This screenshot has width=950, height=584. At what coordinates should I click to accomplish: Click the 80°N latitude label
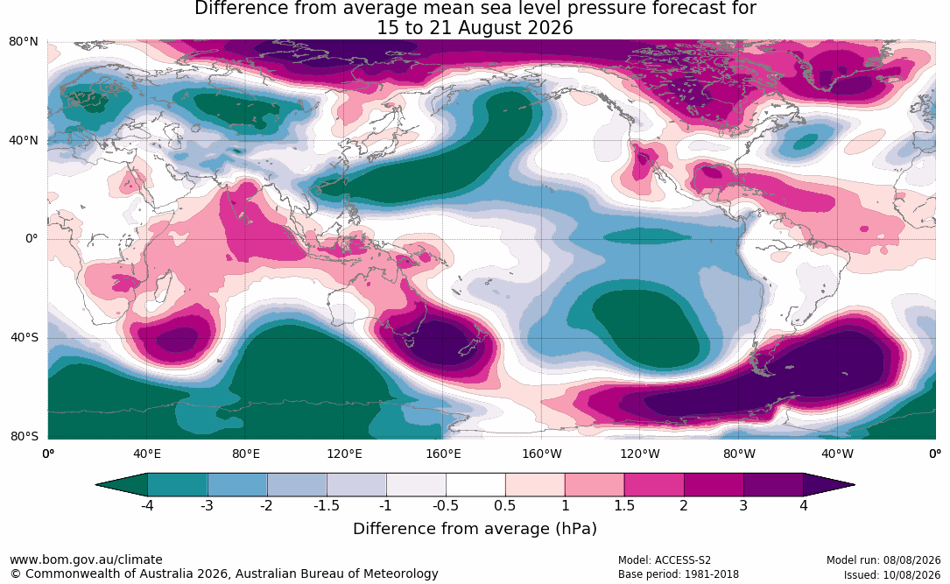(23, 42)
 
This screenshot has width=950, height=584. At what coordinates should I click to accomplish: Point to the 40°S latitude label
(24, 337)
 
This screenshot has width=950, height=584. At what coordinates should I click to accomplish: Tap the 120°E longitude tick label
(344, 454)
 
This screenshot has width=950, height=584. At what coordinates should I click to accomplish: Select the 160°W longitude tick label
(542, 454)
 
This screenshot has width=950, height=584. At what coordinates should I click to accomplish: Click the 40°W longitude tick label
(837, 454)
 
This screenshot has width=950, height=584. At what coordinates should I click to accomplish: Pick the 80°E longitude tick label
(245, 454)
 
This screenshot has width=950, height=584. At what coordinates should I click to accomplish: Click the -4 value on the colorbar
(146, 505)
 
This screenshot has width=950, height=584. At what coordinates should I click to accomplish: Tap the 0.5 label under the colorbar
(504, 505)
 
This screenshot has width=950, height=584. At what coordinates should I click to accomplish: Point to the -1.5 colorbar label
(326, 505)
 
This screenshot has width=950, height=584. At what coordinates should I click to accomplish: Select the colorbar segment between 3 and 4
(774, 485)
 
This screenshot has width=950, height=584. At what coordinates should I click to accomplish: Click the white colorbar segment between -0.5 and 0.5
(475, 485)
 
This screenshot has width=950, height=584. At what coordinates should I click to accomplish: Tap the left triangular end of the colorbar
(122, 485)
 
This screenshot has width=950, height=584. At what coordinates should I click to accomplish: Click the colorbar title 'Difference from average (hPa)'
(475, 528)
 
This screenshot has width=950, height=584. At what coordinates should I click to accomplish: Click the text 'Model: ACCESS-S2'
(664, 560)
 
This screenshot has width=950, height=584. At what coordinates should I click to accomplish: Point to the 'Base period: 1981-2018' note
(678, 574)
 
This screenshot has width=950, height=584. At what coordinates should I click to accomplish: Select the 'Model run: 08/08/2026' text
(883, 560)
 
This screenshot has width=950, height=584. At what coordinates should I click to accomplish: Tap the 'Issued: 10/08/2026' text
(892, 574)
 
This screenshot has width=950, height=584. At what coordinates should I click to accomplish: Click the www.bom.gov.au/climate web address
(86, 559)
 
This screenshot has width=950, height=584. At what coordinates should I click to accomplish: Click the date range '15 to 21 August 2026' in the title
(475, 28)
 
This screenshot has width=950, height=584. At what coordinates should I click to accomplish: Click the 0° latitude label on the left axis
(32, 239)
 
